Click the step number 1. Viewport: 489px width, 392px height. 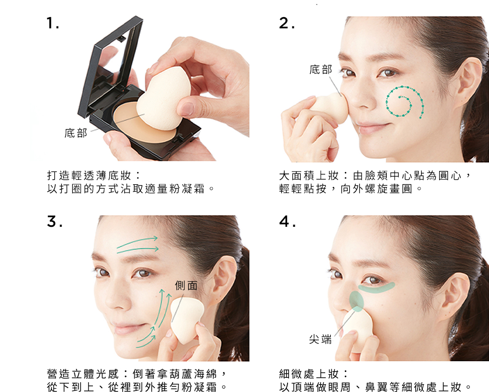(x=52, y=23)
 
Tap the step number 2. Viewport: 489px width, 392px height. (x=286, y=23)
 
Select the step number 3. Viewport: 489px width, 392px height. (x=55, y=221)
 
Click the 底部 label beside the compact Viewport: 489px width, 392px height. (x=76, y=133)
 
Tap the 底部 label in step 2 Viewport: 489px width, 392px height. (x=321, y=69)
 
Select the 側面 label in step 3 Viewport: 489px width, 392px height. (x=186, y=285)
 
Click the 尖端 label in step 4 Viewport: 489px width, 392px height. (x=320, y=339)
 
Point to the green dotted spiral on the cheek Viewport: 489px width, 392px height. (x=405, y=102)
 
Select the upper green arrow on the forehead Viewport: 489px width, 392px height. (x=137, y=243)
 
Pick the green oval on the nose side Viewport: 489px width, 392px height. (x=356, y=301)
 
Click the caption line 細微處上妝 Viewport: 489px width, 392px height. (x=313, y=373)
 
